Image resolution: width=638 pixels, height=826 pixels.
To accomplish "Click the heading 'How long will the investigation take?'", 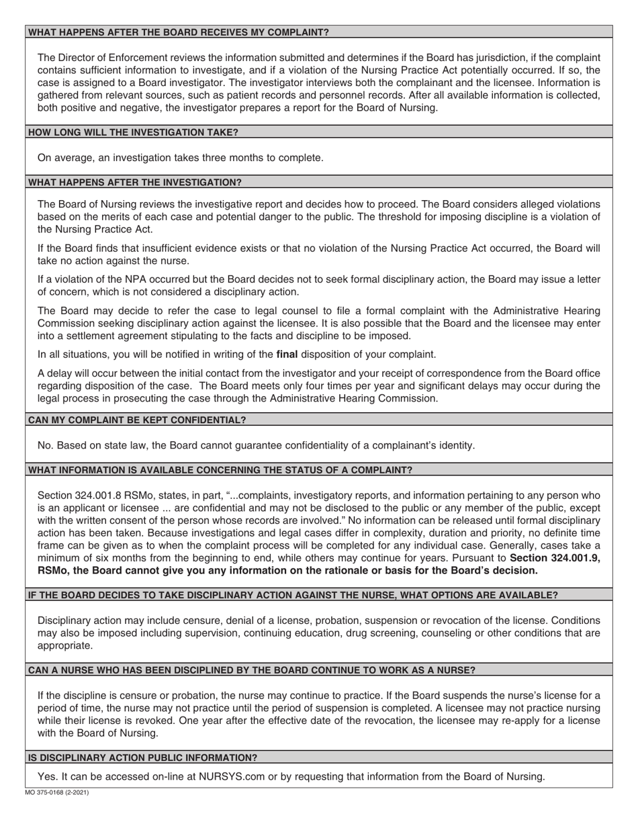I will [x=133, y=132].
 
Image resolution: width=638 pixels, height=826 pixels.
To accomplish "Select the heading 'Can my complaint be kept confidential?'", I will [x=137, y=420].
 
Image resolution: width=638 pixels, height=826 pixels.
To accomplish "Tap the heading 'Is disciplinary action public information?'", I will [x=142, y=758].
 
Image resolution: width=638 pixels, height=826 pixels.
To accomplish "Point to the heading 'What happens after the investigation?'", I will [x=135, y=182].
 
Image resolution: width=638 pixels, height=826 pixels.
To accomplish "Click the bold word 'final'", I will [x=287, y=354].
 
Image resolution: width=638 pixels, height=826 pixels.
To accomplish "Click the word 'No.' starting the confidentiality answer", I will [x=46, y=445].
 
